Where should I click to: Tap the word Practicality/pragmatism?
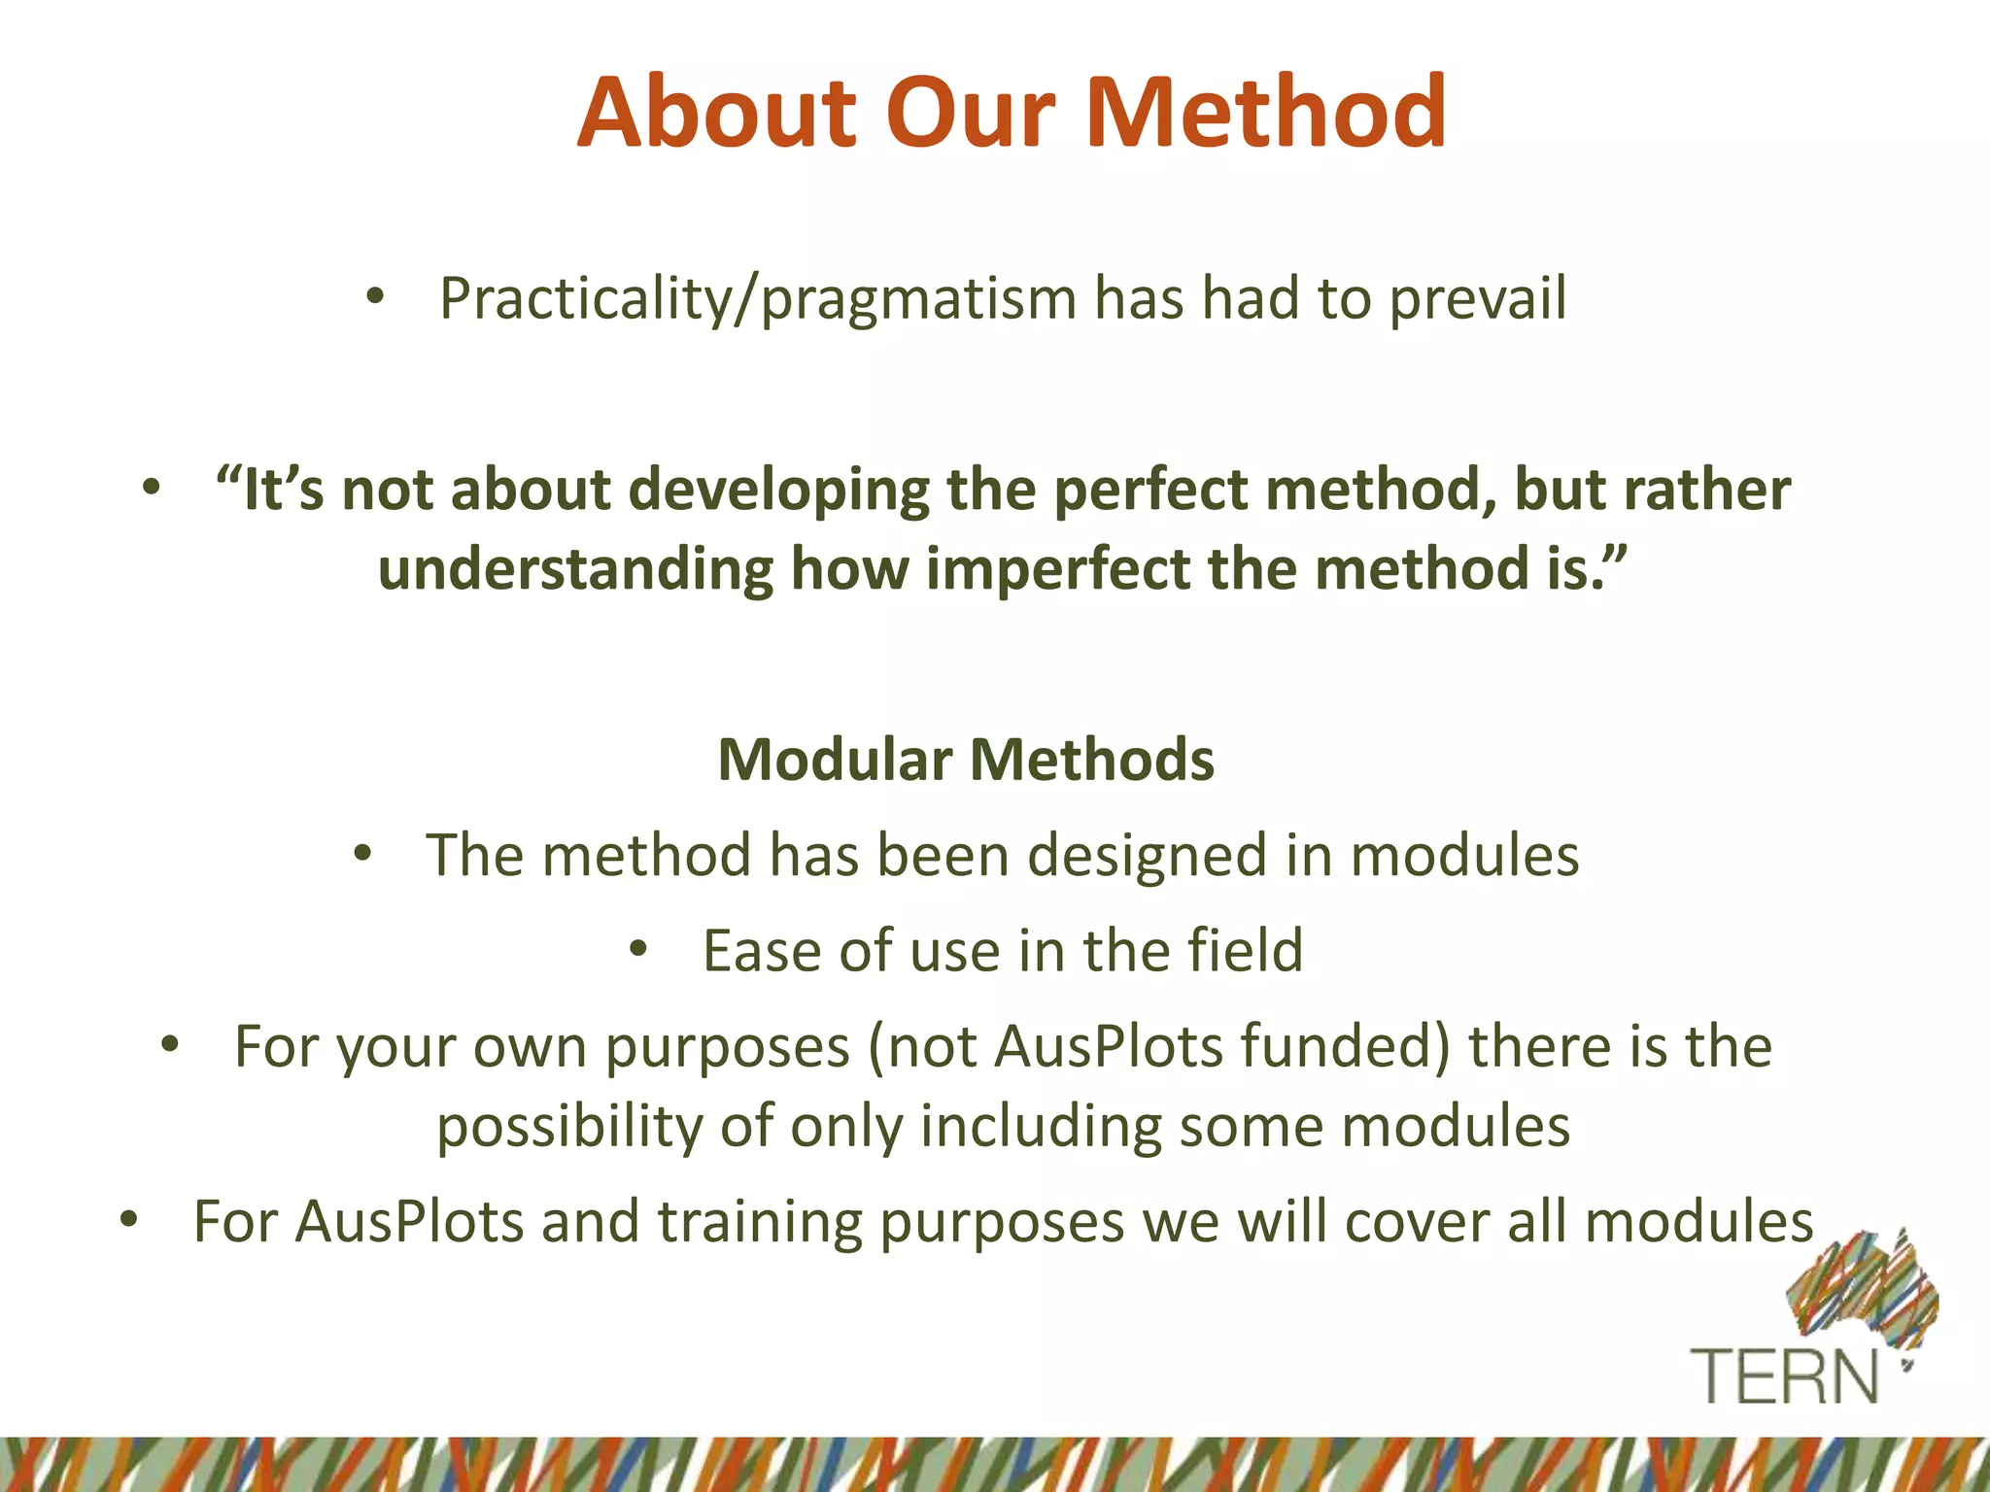pos(758,299)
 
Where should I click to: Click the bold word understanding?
pos(575,569)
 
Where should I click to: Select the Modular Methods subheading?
pos(966,760)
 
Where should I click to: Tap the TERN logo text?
pos(1786,1376)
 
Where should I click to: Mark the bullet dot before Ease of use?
pos(637,949)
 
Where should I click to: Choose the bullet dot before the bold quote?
pos(150,488)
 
